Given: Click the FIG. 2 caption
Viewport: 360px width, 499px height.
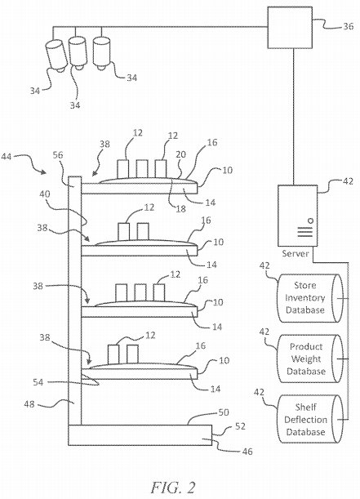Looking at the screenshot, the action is (x=173, y=487).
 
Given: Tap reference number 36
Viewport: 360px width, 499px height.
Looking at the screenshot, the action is (x=349, y=26).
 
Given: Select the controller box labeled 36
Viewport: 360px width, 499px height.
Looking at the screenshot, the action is (x=290, y=28).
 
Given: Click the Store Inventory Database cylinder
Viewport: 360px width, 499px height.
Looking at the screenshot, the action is (x=311, y=298).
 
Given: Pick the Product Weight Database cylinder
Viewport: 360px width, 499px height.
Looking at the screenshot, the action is (x=311, y=359).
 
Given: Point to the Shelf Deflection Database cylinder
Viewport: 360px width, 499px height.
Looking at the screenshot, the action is (x=311, y=419).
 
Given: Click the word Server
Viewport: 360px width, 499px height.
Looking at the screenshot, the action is (x=296, y=254).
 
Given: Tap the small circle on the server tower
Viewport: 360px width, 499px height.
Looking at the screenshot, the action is (x=310, y=221).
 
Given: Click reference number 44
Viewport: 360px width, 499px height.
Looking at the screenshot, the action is (x=7, y=156).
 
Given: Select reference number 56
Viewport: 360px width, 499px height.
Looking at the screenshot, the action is (x=58, y=155).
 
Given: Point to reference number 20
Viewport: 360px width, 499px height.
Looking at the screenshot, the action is (x=180, y=154).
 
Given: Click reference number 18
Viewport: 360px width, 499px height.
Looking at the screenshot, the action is (x=180, y=208).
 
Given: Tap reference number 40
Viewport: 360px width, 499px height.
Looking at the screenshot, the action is (x=45, y=194).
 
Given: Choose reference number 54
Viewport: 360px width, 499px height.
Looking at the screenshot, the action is (x=38, y=382).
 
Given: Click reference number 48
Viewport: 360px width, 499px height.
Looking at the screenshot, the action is (x=29, y=404).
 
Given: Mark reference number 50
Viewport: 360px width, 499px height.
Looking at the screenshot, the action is (x=224, y=412).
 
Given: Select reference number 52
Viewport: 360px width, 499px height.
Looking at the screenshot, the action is (x=240, y=426).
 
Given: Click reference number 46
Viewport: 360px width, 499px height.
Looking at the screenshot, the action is (x=247, y=452).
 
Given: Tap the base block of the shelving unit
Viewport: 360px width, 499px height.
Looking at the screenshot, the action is (x=140, y=435).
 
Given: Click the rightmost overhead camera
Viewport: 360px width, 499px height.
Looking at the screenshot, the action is (x=102, y=53).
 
